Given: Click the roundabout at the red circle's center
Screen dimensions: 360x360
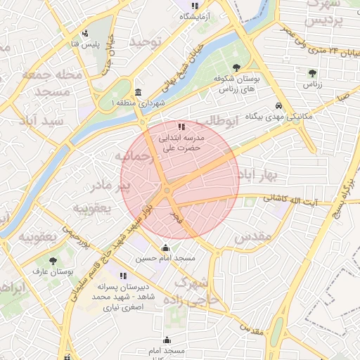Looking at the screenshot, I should (167, 190).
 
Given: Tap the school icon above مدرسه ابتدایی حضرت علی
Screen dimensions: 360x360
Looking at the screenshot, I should (181, 127).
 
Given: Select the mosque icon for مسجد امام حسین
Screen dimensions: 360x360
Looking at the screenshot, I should (165, 247).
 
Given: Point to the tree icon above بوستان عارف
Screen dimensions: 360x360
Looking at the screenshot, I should (53, 260).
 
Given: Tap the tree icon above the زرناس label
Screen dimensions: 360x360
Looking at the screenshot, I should (312, 72).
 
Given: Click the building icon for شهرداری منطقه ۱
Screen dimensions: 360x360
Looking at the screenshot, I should (138, 93).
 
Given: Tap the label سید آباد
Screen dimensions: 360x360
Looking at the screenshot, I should (44, 121).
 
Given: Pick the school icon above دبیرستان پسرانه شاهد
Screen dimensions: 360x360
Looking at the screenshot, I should (123, 276).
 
